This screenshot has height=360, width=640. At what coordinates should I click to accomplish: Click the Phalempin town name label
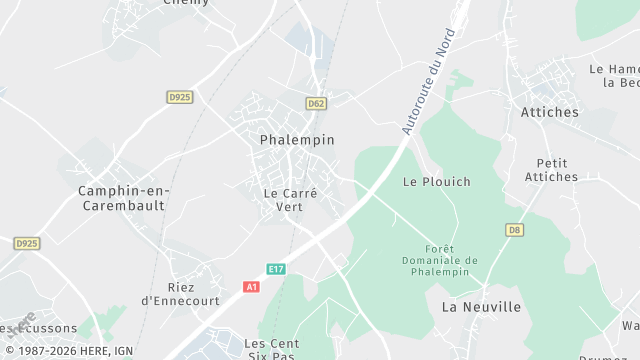point(297,140)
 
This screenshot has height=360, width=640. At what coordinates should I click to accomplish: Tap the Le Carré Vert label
point(290,200)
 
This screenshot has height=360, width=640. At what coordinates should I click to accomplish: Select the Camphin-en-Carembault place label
point(124,197)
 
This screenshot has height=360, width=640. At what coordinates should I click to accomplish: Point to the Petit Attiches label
point(551,170)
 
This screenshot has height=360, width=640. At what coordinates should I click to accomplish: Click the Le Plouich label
point(436,182)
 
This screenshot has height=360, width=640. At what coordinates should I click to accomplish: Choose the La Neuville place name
point(481,307)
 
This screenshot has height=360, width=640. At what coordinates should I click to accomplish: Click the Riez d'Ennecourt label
point(180,293)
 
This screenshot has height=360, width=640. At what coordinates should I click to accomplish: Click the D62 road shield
point(316,103)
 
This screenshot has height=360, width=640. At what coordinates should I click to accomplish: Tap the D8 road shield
point(514,230)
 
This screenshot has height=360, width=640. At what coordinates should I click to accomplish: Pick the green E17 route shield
point(277,269)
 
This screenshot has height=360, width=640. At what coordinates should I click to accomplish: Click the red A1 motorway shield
point(252,287)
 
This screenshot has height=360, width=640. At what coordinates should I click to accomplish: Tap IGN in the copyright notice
point(123,351)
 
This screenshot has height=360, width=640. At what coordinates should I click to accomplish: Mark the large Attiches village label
point(549,112)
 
